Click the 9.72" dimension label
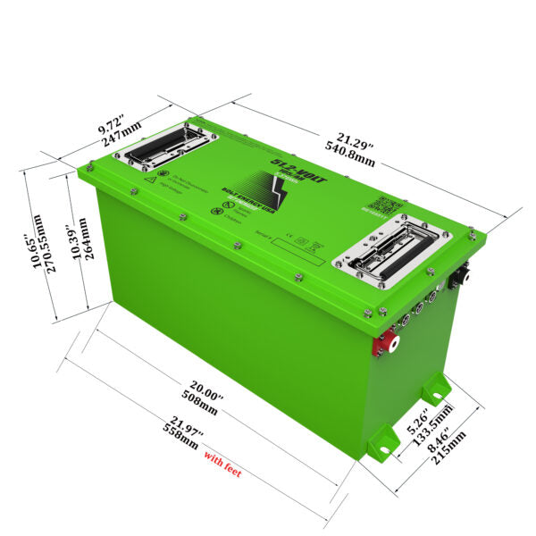click(113, 129)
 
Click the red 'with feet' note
click(222, 462)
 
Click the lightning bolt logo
click(271, 190)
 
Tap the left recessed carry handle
click(167, 146)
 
